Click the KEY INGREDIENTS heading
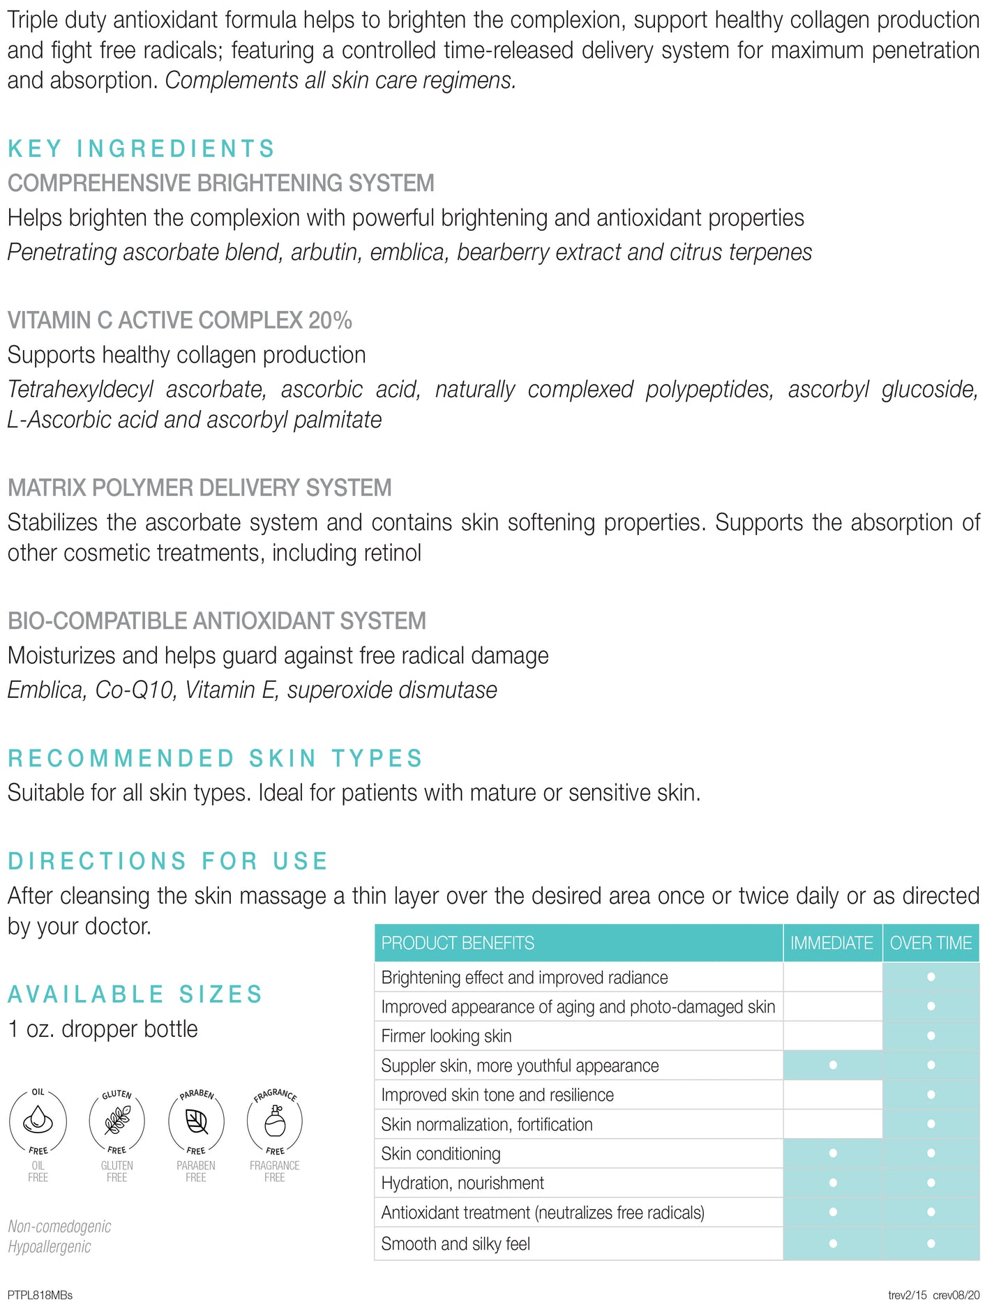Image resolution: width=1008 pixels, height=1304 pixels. point(142,149)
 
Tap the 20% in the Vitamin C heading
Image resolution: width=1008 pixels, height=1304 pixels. point(330,320)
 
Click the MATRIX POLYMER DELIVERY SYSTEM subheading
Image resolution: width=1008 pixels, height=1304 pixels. point(200,487)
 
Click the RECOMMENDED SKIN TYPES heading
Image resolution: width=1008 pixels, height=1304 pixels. point(216,758)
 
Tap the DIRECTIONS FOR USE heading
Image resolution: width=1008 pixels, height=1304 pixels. point(167,861)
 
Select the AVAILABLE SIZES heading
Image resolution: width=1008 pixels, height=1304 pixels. point(135,994)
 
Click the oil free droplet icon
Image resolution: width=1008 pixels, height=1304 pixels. point(38,1121)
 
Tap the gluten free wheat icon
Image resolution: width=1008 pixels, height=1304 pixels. point(116,1121)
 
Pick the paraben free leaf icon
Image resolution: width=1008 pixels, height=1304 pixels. point(196,1121)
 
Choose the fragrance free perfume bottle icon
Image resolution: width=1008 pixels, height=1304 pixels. point(275,1121)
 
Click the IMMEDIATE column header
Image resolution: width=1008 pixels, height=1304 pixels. point(832,943)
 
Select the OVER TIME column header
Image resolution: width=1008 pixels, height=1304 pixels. point(931,943)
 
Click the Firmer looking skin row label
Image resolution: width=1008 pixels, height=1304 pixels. point(446,1036)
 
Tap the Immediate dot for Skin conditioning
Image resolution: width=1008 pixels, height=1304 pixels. point(833,1153)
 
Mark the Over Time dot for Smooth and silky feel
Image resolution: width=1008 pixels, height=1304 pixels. point(931,1243)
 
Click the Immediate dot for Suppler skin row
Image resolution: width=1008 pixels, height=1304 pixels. point(833,1066)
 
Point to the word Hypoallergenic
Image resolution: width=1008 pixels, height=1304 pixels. point(50,1246)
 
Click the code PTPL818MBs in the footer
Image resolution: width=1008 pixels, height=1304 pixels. point(40,1295)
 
